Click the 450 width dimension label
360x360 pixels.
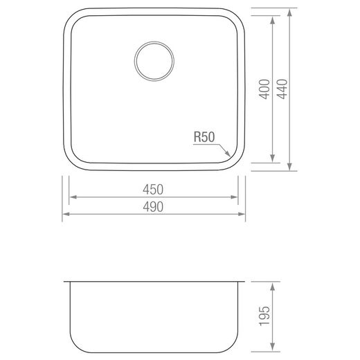point(153,190)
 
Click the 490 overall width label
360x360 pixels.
point(153,207)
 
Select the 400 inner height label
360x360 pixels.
point(264,89)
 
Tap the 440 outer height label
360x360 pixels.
point(282,89)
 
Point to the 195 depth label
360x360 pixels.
point(264,316)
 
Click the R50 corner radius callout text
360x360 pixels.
point(204,137)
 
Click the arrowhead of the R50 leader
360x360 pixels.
point(228,154)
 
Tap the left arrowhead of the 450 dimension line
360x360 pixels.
point(73,197)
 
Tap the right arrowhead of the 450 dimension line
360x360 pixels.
point(234,197)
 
